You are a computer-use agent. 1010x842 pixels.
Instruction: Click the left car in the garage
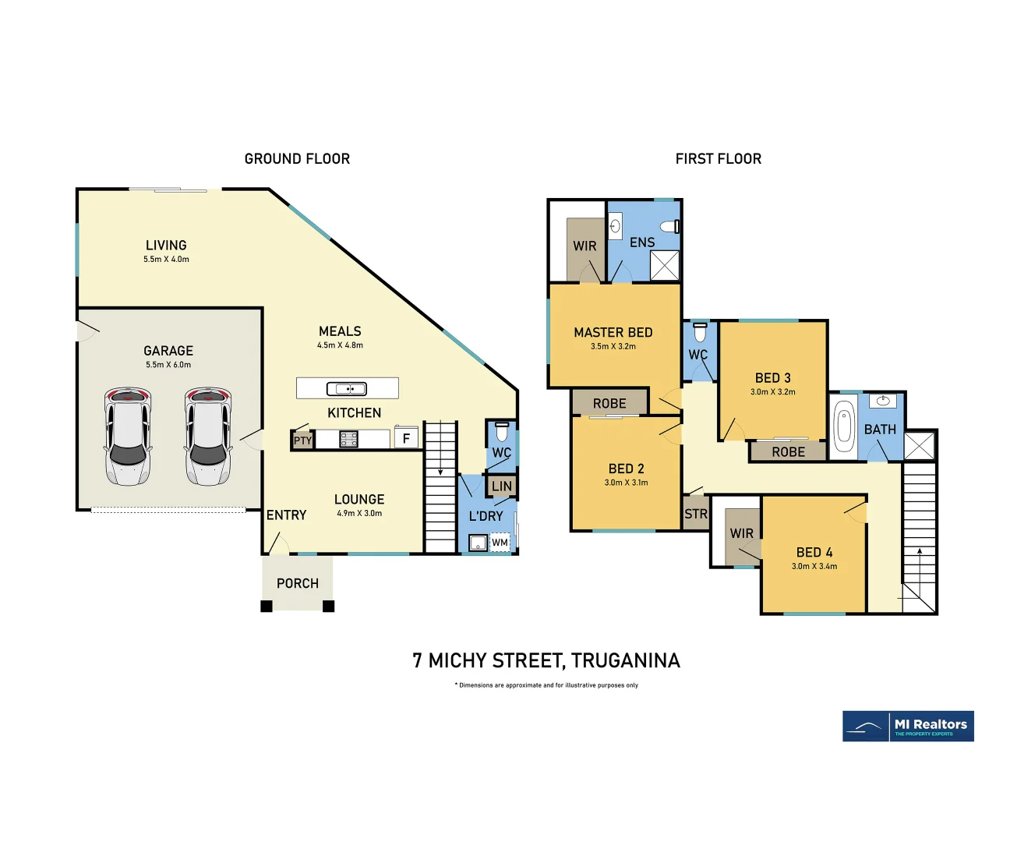coord(128,437)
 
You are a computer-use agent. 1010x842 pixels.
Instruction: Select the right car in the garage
coord(208,437)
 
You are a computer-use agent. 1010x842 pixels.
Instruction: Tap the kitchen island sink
coord(347,388)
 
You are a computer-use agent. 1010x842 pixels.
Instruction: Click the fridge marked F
coord(406,438)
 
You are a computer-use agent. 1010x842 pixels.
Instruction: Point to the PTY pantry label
coord(302,440)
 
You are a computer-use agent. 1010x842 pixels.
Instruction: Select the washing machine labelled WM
coord(500,543)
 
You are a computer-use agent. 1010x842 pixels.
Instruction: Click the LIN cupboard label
coord(502,486)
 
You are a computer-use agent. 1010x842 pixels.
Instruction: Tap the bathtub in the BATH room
coord(844,427)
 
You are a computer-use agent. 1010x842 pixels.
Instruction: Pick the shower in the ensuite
coord(665,265)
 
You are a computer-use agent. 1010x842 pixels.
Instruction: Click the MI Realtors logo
coord(908,727)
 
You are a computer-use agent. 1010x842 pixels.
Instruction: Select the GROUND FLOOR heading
coord(297,159)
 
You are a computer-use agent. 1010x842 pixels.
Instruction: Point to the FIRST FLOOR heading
coord(718,159)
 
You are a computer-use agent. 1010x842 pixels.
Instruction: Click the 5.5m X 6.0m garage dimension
coord(168,365)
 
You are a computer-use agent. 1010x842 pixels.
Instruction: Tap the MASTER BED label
coord(613,332)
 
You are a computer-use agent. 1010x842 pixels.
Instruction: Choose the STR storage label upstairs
coord(696,515)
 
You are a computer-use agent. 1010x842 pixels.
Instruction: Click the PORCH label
coord(298,583)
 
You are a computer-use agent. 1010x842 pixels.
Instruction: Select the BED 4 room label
coord(814,552)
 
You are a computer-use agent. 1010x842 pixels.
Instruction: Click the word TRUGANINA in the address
coord(625,661)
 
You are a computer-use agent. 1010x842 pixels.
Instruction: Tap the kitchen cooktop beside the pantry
coord(348,440)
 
